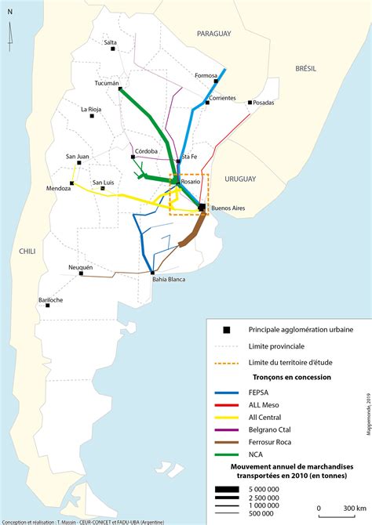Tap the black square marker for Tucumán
click(x=120, y=89)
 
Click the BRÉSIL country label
click(x=305, y=69)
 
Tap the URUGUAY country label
click(x=240, y=179)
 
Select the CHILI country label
click(x=27, y=251)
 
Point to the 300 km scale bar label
click(x=344, y=508)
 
